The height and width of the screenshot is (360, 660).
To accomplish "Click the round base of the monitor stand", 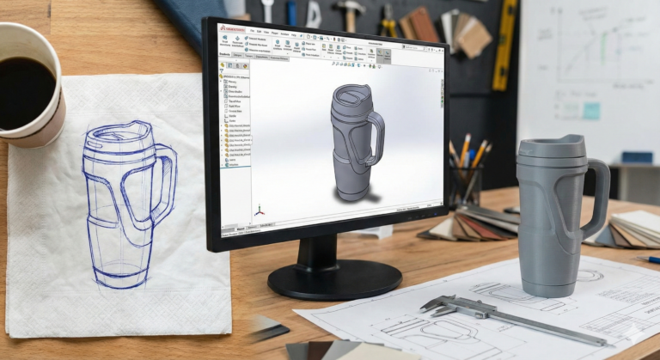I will (x=334, y=278).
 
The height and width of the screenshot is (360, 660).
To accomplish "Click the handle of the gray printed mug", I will (x=596, y=198).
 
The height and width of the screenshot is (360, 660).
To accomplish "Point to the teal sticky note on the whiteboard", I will (x=591, y=111).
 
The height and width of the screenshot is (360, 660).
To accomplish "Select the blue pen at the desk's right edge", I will (x=652, y=259).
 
